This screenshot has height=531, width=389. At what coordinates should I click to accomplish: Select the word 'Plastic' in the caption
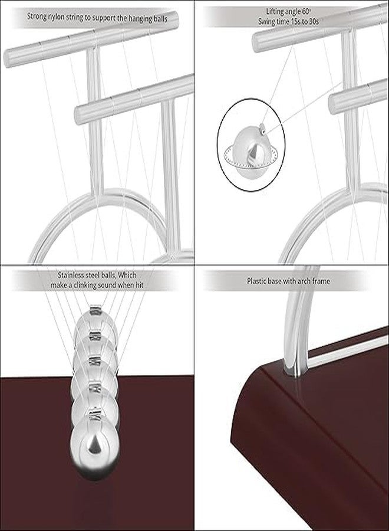click(258, 281)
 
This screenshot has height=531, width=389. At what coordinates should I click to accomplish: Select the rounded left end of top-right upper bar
click(258, 42)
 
